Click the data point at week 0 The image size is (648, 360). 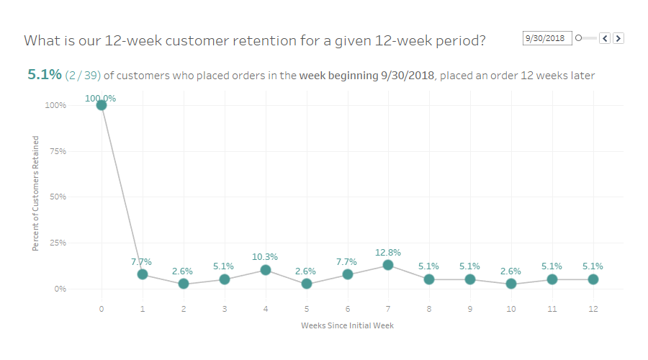[102, 105]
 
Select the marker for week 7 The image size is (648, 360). [388, 265]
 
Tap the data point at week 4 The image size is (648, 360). [266, 270]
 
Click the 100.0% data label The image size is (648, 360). [101, 99]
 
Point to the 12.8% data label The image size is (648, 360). [388, 253]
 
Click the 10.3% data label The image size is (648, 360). [265, 257]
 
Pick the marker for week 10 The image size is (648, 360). [511, 284]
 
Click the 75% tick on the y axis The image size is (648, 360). [58, 151]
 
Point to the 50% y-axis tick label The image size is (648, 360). [58, 197]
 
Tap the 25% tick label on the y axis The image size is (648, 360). [58, 243]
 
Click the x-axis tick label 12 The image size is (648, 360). [593, 309]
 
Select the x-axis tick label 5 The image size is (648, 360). [306, 309]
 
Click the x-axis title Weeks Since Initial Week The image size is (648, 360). [347, 325]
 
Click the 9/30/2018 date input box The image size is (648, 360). [546, 38]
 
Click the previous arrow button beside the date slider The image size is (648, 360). [605, 38]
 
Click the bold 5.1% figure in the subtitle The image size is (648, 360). [44, 75]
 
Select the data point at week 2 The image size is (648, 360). [184, 284]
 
